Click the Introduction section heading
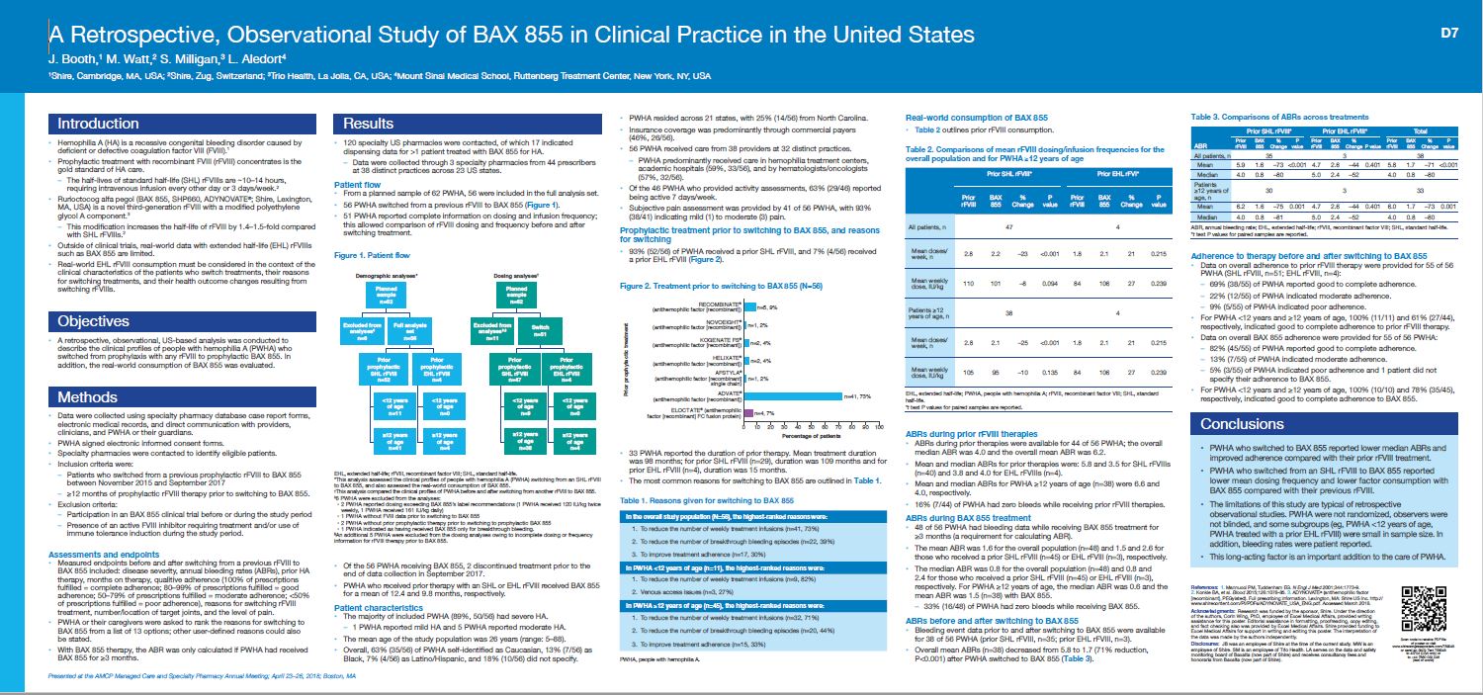click(x=97, y=124)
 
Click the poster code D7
click(x=1449, y=33)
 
